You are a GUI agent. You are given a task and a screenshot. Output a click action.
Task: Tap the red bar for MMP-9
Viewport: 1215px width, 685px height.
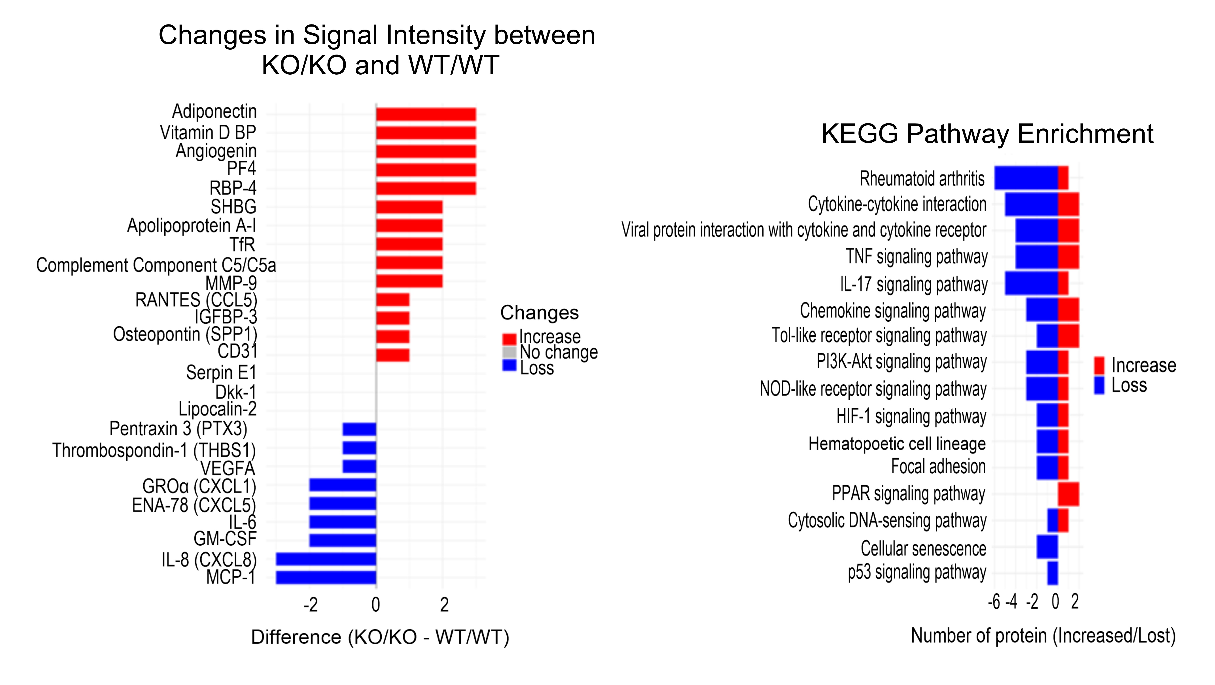[409, 282]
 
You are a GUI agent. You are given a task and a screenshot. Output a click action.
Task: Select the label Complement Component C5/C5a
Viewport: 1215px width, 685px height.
[156, 265]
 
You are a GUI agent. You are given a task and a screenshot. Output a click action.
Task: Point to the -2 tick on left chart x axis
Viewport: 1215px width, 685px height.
[310, 605]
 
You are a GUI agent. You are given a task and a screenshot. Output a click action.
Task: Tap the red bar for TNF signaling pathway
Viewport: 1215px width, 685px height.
[1068, 257]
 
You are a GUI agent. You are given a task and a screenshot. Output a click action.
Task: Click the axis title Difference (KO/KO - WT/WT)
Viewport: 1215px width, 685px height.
[380, 637]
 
